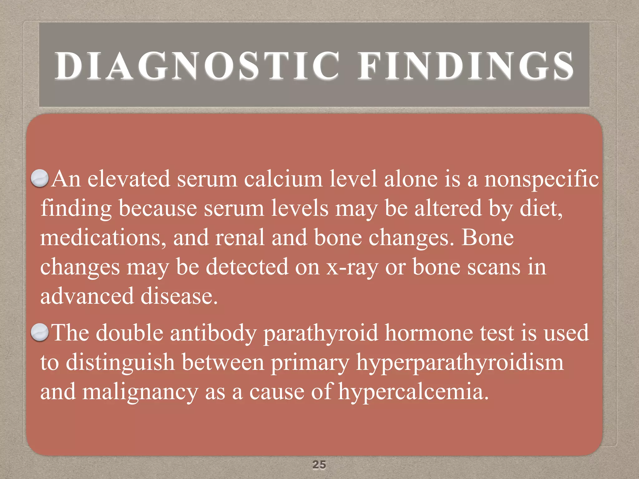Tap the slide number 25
pos(319,465)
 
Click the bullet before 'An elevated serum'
pos(40,178)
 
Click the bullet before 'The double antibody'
pos(40,332)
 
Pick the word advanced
pos(87,296)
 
